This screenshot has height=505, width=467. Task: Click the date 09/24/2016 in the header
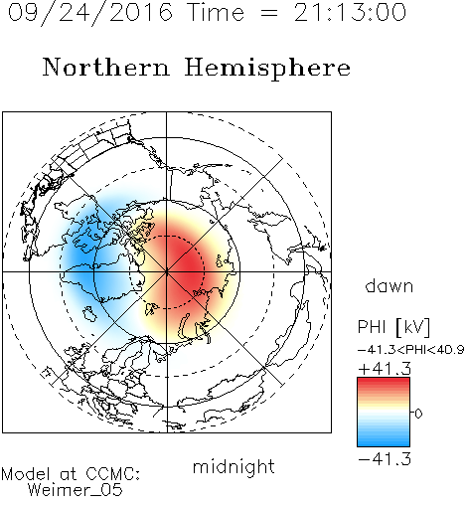(x=90, y=13)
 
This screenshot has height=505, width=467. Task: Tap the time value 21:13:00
(x=350, y=12)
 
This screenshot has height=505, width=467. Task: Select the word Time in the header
(x=216, y=12)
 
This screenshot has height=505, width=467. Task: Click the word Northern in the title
(x=106, y=67)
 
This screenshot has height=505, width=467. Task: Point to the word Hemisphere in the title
(x=267, y=68)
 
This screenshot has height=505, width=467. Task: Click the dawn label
(x=389, y=285)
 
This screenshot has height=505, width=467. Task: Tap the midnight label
(x=233, y=466)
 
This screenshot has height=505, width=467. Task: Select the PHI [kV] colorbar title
(x=393, y=327)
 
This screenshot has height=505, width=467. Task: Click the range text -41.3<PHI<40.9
(x=411, y=350)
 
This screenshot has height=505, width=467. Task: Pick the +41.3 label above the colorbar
(x=385, y=369)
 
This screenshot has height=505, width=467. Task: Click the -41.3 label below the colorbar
(x=385, y=459)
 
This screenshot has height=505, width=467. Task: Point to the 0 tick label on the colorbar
(x=418, y=414)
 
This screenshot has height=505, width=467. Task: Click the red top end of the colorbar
(x=384, y=381)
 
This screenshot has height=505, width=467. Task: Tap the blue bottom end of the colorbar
(x=384, y=443)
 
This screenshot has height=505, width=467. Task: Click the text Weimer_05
(x=76, y=490)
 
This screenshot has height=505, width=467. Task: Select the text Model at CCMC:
(x=71, y=474)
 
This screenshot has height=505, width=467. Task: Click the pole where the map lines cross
(x=167, y=271)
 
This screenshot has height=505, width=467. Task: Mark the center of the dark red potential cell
(x=186, y=265)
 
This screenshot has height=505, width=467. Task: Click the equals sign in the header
(x=269, y=14)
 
